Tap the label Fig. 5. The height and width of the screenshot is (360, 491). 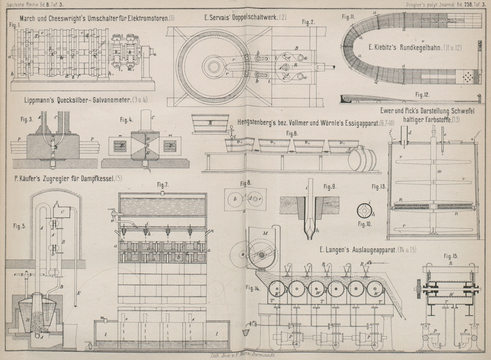click(x=18, y=225)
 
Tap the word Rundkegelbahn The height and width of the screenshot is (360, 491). click(x=421, y=47)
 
